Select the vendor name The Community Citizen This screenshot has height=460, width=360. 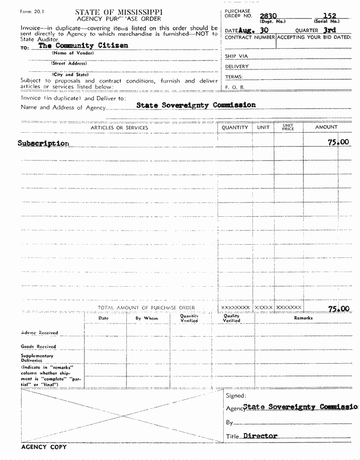(83, 46)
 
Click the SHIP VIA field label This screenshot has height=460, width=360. (237, 56)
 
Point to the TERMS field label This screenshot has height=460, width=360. (234, 77)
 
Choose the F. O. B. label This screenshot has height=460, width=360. (234, 87)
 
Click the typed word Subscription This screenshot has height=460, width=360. (43, 143)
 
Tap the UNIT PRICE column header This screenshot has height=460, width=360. (288, 128)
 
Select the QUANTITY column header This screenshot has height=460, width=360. (234, 128)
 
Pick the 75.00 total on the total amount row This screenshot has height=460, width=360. (338, 309)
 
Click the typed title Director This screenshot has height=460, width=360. (260, 436)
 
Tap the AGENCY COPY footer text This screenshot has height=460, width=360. (44, 447)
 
